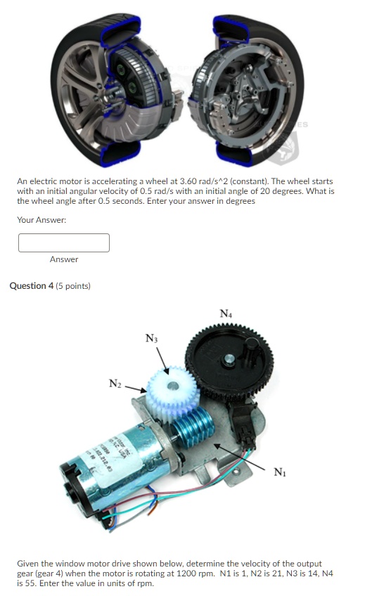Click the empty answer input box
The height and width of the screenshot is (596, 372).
click(64, 242)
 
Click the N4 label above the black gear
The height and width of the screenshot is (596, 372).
click(225, 314)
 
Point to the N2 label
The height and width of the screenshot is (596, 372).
click(115, 384)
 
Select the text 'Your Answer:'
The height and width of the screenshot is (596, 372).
click(41, 220)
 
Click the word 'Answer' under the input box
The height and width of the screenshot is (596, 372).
click(64, 259)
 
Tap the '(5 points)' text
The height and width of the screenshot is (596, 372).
click(75, 286)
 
